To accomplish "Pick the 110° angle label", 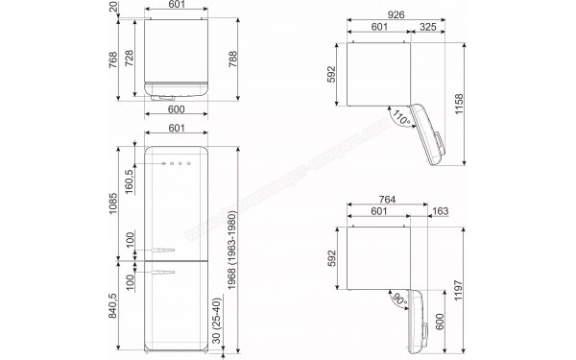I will pos(374,118).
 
